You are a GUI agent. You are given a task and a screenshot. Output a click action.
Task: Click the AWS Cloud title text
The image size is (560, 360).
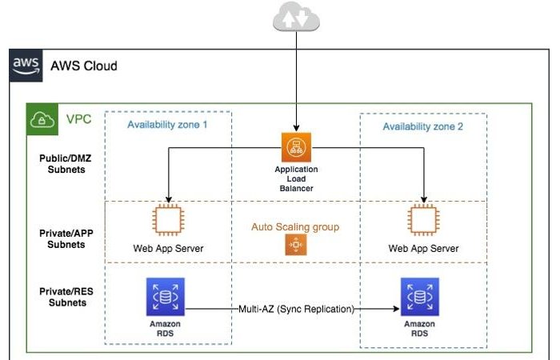[83, 66]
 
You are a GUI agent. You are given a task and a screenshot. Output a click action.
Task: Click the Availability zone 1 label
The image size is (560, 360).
[168, 125]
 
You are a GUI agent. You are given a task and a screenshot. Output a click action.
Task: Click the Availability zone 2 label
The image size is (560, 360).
[422, 126]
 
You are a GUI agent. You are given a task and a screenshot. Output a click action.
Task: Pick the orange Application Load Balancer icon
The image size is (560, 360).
[295, 148]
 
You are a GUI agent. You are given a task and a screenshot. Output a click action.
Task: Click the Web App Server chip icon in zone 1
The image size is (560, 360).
[168, 221]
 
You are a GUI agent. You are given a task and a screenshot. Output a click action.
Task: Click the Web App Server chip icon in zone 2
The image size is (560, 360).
[423, 221]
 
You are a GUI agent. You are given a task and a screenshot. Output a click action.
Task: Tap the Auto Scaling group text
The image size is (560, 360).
[295, 227]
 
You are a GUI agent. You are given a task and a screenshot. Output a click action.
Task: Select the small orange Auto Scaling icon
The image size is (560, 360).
[295, 247]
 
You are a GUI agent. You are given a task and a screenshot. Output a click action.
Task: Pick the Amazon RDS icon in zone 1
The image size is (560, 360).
[165, 297]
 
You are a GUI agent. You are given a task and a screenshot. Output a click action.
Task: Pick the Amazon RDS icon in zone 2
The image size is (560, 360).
[421, 298]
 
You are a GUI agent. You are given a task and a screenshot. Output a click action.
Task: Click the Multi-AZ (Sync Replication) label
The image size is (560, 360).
[296, 308]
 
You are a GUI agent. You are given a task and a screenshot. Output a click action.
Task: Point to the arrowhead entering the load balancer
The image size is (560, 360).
[295, 128]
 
